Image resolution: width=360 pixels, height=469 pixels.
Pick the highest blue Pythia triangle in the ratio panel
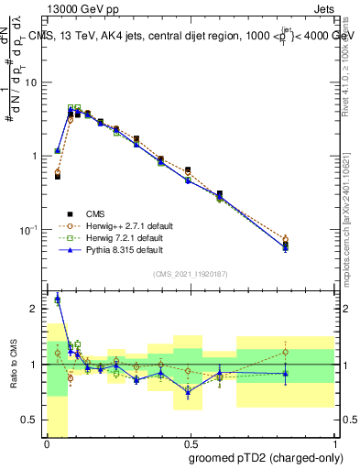pyautogui.click(x=58, y=299)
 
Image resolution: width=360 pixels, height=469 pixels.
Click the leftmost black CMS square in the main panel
pyautogui.click(x=58, y=176)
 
